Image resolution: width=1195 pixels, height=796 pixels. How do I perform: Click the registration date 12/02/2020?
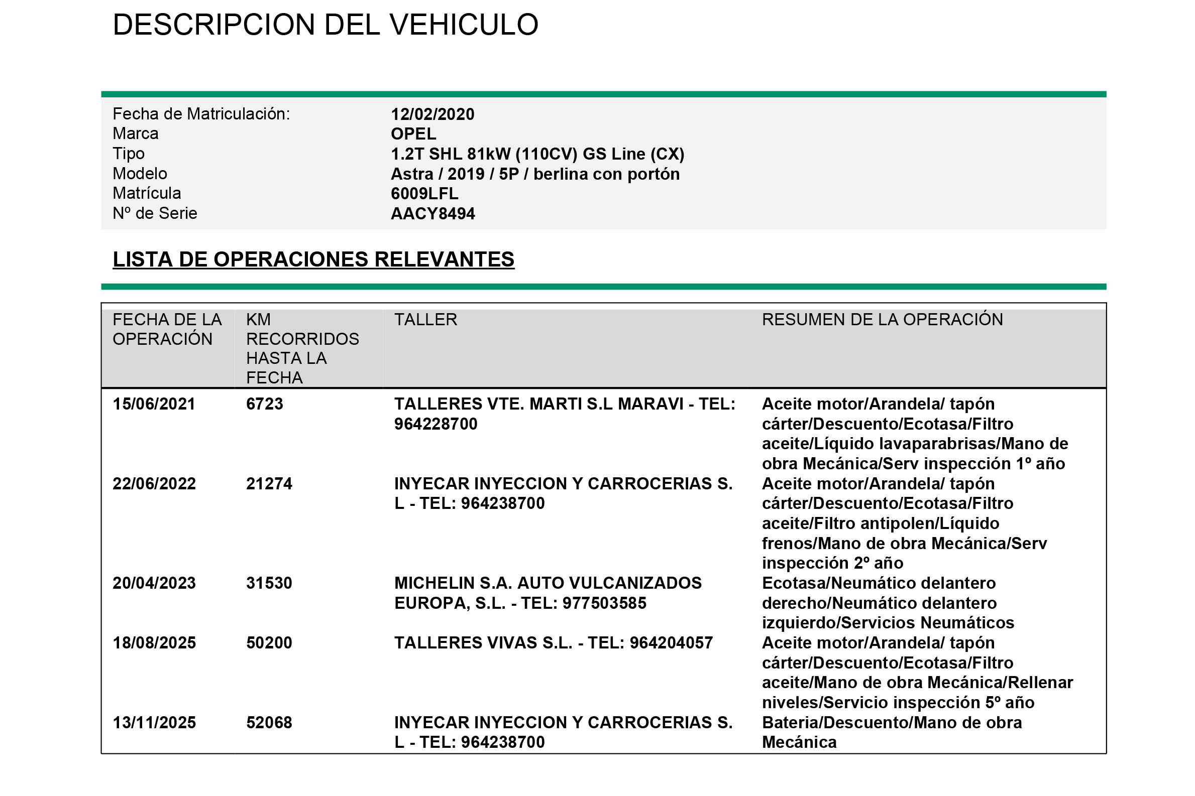[432, 114]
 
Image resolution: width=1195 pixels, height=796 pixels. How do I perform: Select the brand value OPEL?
[413, 134]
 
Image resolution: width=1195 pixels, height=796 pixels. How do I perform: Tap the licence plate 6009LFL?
[424, 193]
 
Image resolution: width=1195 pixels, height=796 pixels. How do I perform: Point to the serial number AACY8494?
[432, 214]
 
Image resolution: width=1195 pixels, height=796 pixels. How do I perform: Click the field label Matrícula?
[146, 193]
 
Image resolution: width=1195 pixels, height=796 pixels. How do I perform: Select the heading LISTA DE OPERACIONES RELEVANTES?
[313, 259]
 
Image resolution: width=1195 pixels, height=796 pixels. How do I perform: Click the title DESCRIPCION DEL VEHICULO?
[325, 25]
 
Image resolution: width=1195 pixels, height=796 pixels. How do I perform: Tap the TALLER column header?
[426, 319]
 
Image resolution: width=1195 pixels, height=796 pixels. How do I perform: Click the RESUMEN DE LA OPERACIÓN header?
[882, 319]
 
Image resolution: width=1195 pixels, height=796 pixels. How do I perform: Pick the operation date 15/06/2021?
[154, 404]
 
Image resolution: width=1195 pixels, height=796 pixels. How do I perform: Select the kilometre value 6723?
[264, 404]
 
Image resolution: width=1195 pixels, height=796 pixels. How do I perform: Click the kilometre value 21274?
[269, 484]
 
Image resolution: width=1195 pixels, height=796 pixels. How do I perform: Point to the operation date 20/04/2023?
[154, 583]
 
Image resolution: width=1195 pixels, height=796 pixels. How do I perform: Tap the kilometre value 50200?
[269, 643]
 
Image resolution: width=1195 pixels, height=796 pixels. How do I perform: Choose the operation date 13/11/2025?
[154, 723]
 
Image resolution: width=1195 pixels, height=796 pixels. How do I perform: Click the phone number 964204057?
[671, 643]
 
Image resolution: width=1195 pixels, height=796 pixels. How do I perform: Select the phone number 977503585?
[604, 603]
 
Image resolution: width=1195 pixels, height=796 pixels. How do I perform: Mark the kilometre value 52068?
[269, 723]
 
